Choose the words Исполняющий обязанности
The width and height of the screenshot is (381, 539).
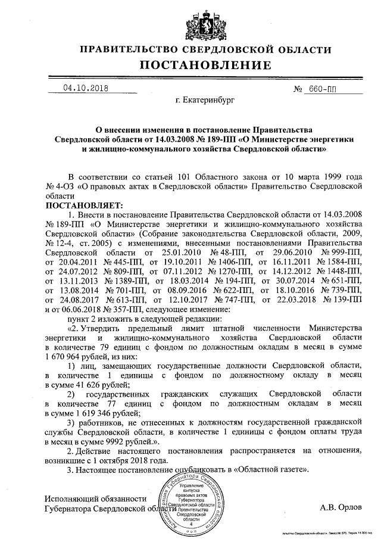(x=95, y=498)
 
